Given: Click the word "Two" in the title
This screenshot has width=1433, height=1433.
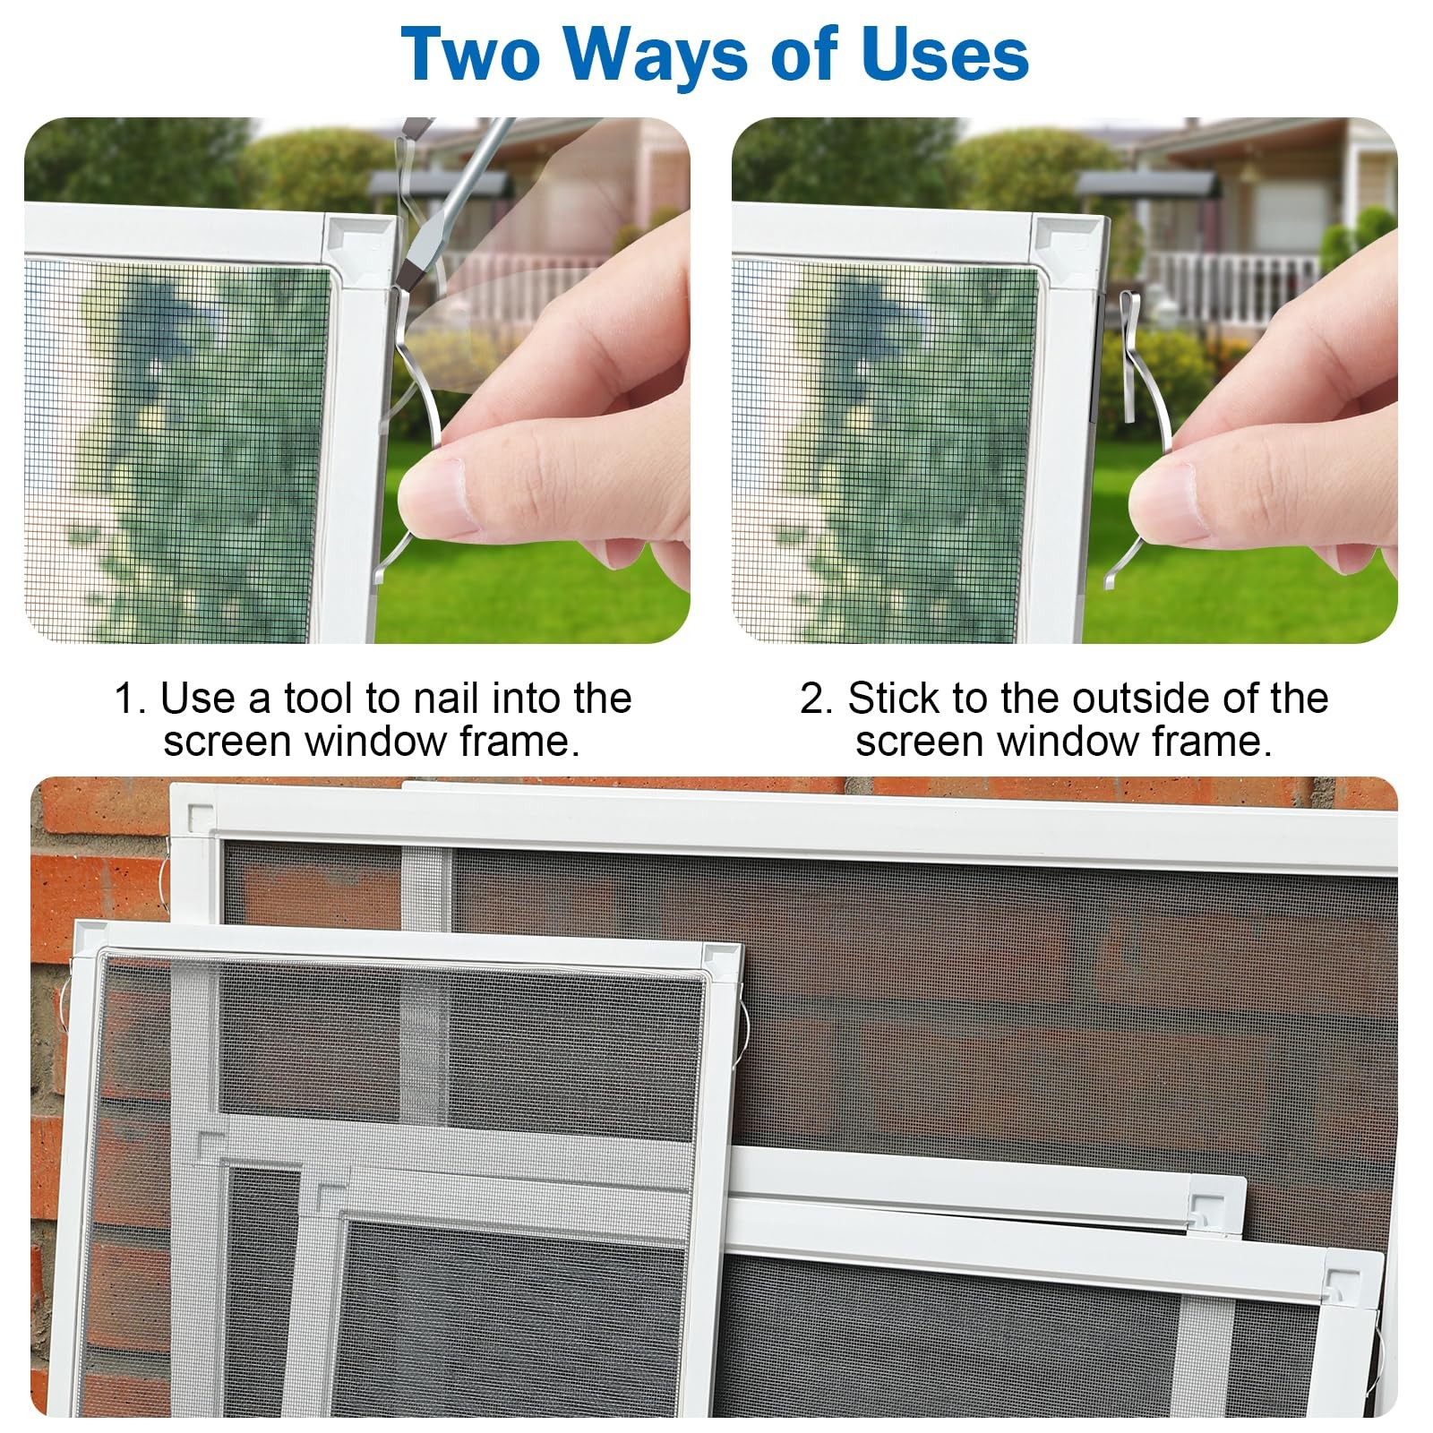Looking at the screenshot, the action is point(471,55).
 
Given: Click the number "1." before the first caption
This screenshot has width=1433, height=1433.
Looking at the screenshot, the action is point(129,698).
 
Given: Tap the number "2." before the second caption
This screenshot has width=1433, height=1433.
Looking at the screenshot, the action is point(816,698).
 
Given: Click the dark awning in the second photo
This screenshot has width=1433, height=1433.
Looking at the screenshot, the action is point(1147,184).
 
